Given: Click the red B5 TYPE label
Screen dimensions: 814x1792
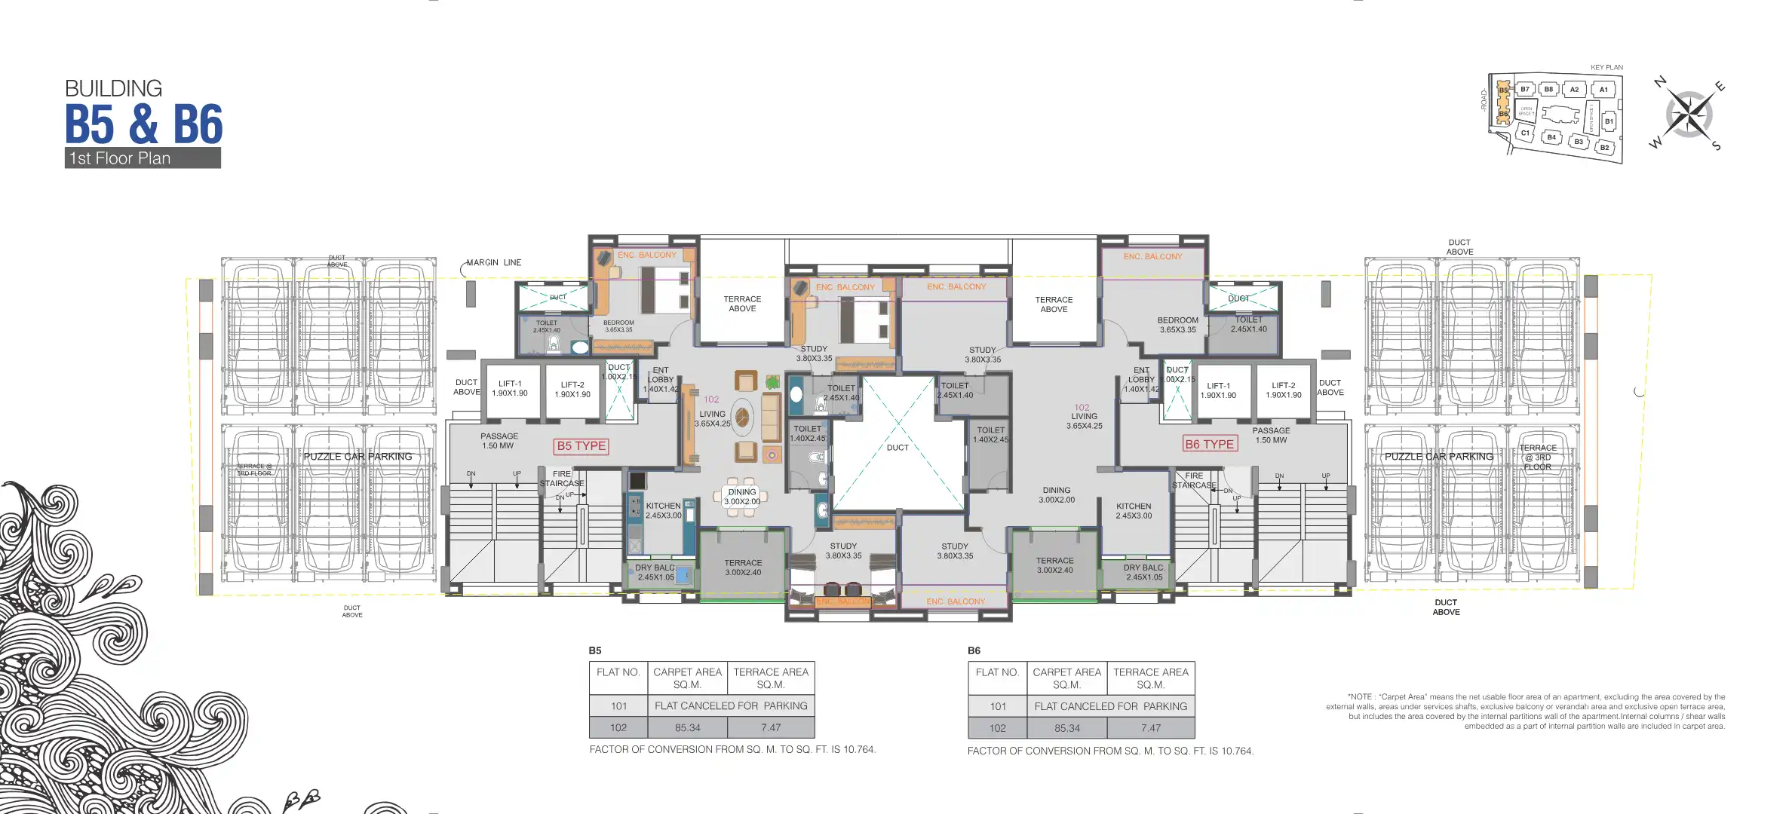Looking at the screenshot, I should [581, 446].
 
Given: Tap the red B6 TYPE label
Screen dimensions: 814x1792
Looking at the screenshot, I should [1209, 445].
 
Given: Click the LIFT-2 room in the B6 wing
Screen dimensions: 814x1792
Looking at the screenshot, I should [1283, 390].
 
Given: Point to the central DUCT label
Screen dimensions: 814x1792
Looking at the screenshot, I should [898, 448].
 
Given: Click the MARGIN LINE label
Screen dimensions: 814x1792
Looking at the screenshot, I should [493, 263].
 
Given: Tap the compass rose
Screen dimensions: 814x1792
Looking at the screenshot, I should [1689, 115].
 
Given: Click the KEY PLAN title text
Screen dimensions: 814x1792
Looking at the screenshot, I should [1606, 68].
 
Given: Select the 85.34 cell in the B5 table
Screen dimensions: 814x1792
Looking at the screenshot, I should [687, 728].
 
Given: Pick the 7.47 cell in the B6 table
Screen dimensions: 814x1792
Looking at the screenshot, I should [1150, 729].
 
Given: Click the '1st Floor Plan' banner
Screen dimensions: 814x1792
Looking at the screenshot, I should [143, 158].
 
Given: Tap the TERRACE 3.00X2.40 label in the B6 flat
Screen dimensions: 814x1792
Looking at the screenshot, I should [1054, 565].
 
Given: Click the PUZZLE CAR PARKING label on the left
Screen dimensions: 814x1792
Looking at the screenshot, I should [357, 457].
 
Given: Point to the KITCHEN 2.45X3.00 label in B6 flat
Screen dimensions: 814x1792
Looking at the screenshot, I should [1134, 511].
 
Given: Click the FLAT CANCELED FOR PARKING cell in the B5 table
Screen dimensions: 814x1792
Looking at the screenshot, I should [731, 706].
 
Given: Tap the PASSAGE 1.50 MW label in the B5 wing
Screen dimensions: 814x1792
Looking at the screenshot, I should [499, 441].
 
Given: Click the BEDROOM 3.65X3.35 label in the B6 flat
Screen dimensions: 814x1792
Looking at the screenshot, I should [1177, 325].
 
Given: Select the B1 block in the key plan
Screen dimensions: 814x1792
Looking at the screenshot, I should [1609, 121].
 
